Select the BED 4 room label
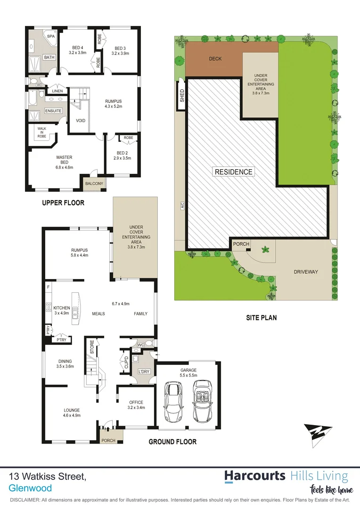pos(78,47)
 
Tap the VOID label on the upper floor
pos(81,120)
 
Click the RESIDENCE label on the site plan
pos(234,172)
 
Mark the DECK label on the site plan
pos(215,59)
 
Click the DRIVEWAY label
pos(306,272)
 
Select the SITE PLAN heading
pos(261,318)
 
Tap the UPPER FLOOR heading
pos(63,203)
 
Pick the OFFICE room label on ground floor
pos(136,402)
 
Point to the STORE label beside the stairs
pos(93,347)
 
